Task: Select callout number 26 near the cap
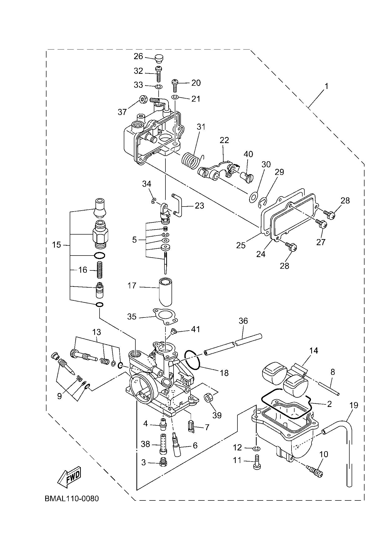(138, 56)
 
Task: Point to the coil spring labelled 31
(190, 159)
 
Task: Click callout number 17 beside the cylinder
(132, 286)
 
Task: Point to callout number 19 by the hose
(354, 405)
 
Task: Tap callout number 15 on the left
(57, 245)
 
